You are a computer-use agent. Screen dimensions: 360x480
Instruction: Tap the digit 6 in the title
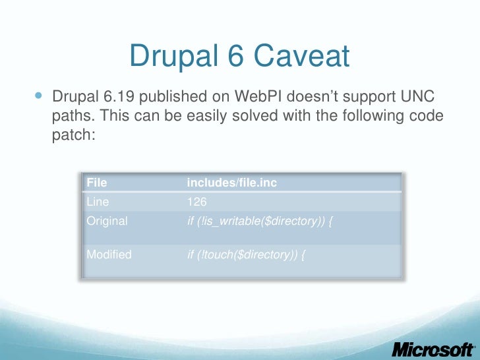[233, 57]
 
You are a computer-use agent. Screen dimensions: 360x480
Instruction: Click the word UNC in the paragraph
[420, 98]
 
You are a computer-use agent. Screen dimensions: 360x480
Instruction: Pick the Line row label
[98, 202]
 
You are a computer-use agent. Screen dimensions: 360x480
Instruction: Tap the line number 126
[197, 202]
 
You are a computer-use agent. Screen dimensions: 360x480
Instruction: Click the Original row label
[107, 221]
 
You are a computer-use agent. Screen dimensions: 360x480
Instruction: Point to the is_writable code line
[259, 221]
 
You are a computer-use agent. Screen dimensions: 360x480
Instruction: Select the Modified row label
[109, 254]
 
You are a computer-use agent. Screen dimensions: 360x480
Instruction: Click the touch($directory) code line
[246, 254]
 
